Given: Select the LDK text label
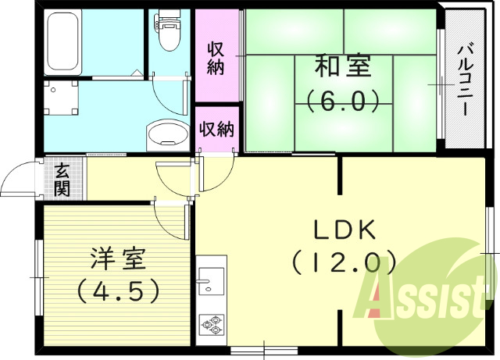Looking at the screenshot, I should coord(345,230).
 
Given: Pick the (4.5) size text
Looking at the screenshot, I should coord(117,290).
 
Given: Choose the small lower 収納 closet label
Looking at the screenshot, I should coord(216,129).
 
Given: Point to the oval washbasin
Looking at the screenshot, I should coord(166,134).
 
